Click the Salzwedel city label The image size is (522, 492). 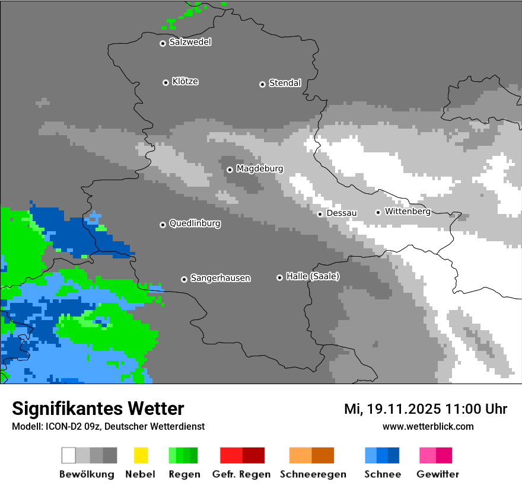[x=190, y=42]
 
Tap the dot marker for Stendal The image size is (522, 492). [x=262, y=84]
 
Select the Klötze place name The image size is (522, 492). [x=185, y=82]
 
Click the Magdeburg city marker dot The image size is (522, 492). [x=230, y=170]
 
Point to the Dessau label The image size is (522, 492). [x=342, y=213]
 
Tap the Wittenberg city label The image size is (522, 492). [x=408, y=212]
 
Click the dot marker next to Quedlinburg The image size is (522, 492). [x=163, y=225]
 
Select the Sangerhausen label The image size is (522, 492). [x=220, y=278]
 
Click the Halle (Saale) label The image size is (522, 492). [x=313, y=277]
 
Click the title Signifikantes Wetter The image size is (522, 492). [x=98, y=408]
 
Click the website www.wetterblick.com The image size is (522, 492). [x=428, y=426]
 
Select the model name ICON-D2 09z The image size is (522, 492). [x=69, y=427]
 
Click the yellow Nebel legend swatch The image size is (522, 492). [x=141, y=455]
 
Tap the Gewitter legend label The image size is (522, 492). [x=438, y=474]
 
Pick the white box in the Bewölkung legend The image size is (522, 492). [x=69, y=455]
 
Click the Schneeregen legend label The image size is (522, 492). [x=313, y=474]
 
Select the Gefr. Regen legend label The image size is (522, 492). [x=241, y=474]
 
